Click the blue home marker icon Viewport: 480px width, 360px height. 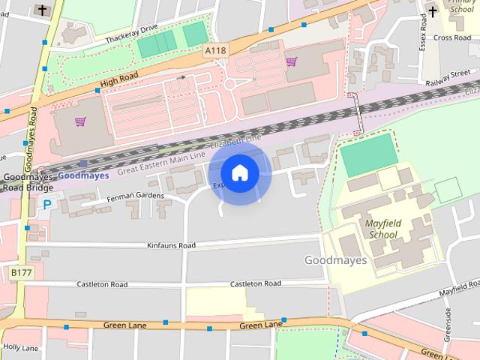pyautogui.click(x=239, y=172)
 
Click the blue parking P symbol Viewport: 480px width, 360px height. pyautogui.click(x=47, y=204)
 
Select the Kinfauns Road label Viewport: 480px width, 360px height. pyautogui.click(x=171, y=245)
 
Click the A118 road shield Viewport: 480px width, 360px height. pyautogui.click(x=215, y=50)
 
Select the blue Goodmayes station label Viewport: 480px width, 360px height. pyautogui.click(x=82, y=175)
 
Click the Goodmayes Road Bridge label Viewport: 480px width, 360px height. pyautogui.click(x=25, y=182)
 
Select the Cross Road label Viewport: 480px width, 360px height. pyautogui.click(x=451, y=37)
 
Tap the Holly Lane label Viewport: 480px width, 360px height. pyautogui.click(x=20, y=348)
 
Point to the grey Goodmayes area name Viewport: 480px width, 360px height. pyautogui.click(x=335, y=260)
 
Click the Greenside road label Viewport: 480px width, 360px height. pyautogui.click(x=448, y=324)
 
